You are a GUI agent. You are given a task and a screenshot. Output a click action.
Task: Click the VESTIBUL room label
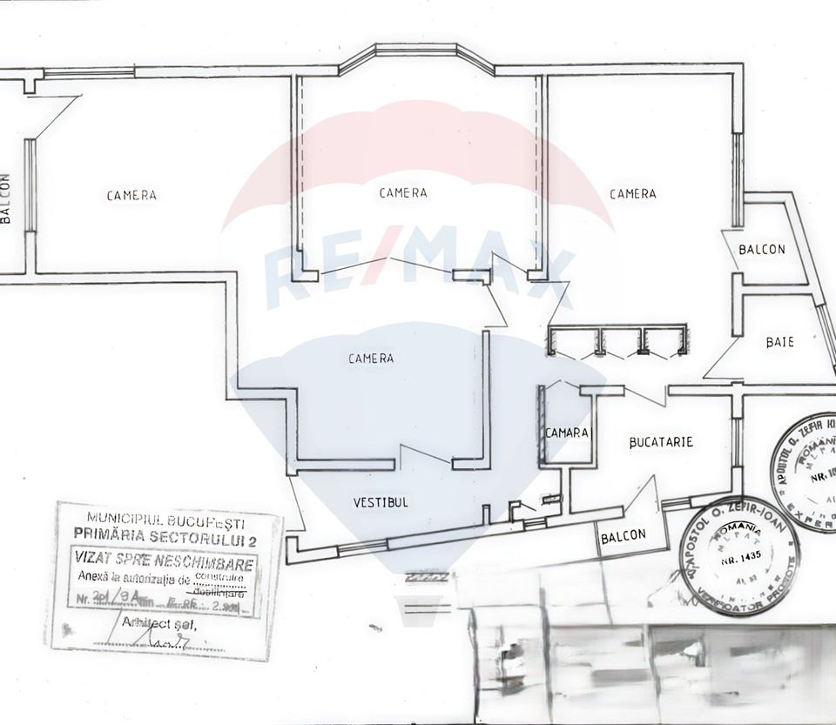point(381,502)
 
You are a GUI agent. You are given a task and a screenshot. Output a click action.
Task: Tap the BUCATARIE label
point(661,442)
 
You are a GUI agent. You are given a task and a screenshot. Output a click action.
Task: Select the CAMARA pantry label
point(567,433)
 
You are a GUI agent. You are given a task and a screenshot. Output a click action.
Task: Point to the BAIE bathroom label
point(779,342)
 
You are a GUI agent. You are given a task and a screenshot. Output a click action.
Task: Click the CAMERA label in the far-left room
point(131,195)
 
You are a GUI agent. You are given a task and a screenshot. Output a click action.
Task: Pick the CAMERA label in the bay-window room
point(403,192)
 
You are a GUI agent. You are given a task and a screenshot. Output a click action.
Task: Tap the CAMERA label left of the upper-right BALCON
point(632,193)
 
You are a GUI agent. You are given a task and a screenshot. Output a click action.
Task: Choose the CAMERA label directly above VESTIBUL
point(371,358)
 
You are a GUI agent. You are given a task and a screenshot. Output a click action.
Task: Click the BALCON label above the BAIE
point(761,249)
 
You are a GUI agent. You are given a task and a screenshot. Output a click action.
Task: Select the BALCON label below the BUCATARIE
point(624,536)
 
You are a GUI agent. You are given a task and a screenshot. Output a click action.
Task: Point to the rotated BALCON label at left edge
point(5,199)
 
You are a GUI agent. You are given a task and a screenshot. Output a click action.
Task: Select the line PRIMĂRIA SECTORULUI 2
point(165,540)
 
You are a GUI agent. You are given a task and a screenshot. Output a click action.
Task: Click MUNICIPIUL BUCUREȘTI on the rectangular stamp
point(165,524)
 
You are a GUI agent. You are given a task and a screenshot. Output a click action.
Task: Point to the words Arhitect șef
point(159,623)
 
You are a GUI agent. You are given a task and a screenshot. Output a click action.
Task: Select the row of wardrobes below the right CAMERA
point(617,340)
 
